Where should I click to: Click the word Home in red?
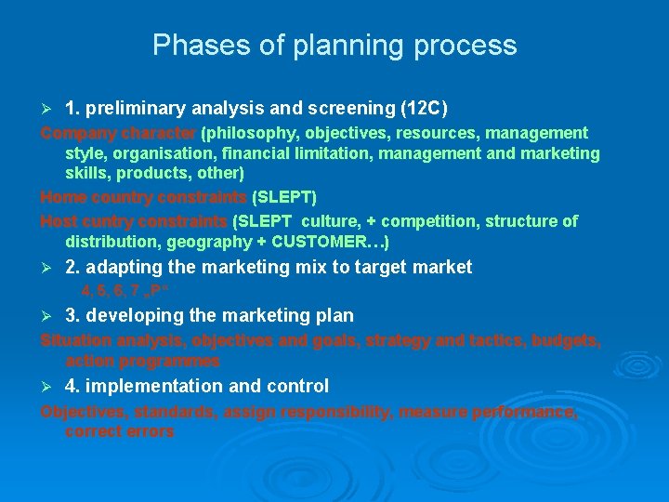62,197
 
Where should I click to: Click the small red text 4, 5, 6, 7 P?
116,289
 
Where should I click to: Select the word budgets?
563,340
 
